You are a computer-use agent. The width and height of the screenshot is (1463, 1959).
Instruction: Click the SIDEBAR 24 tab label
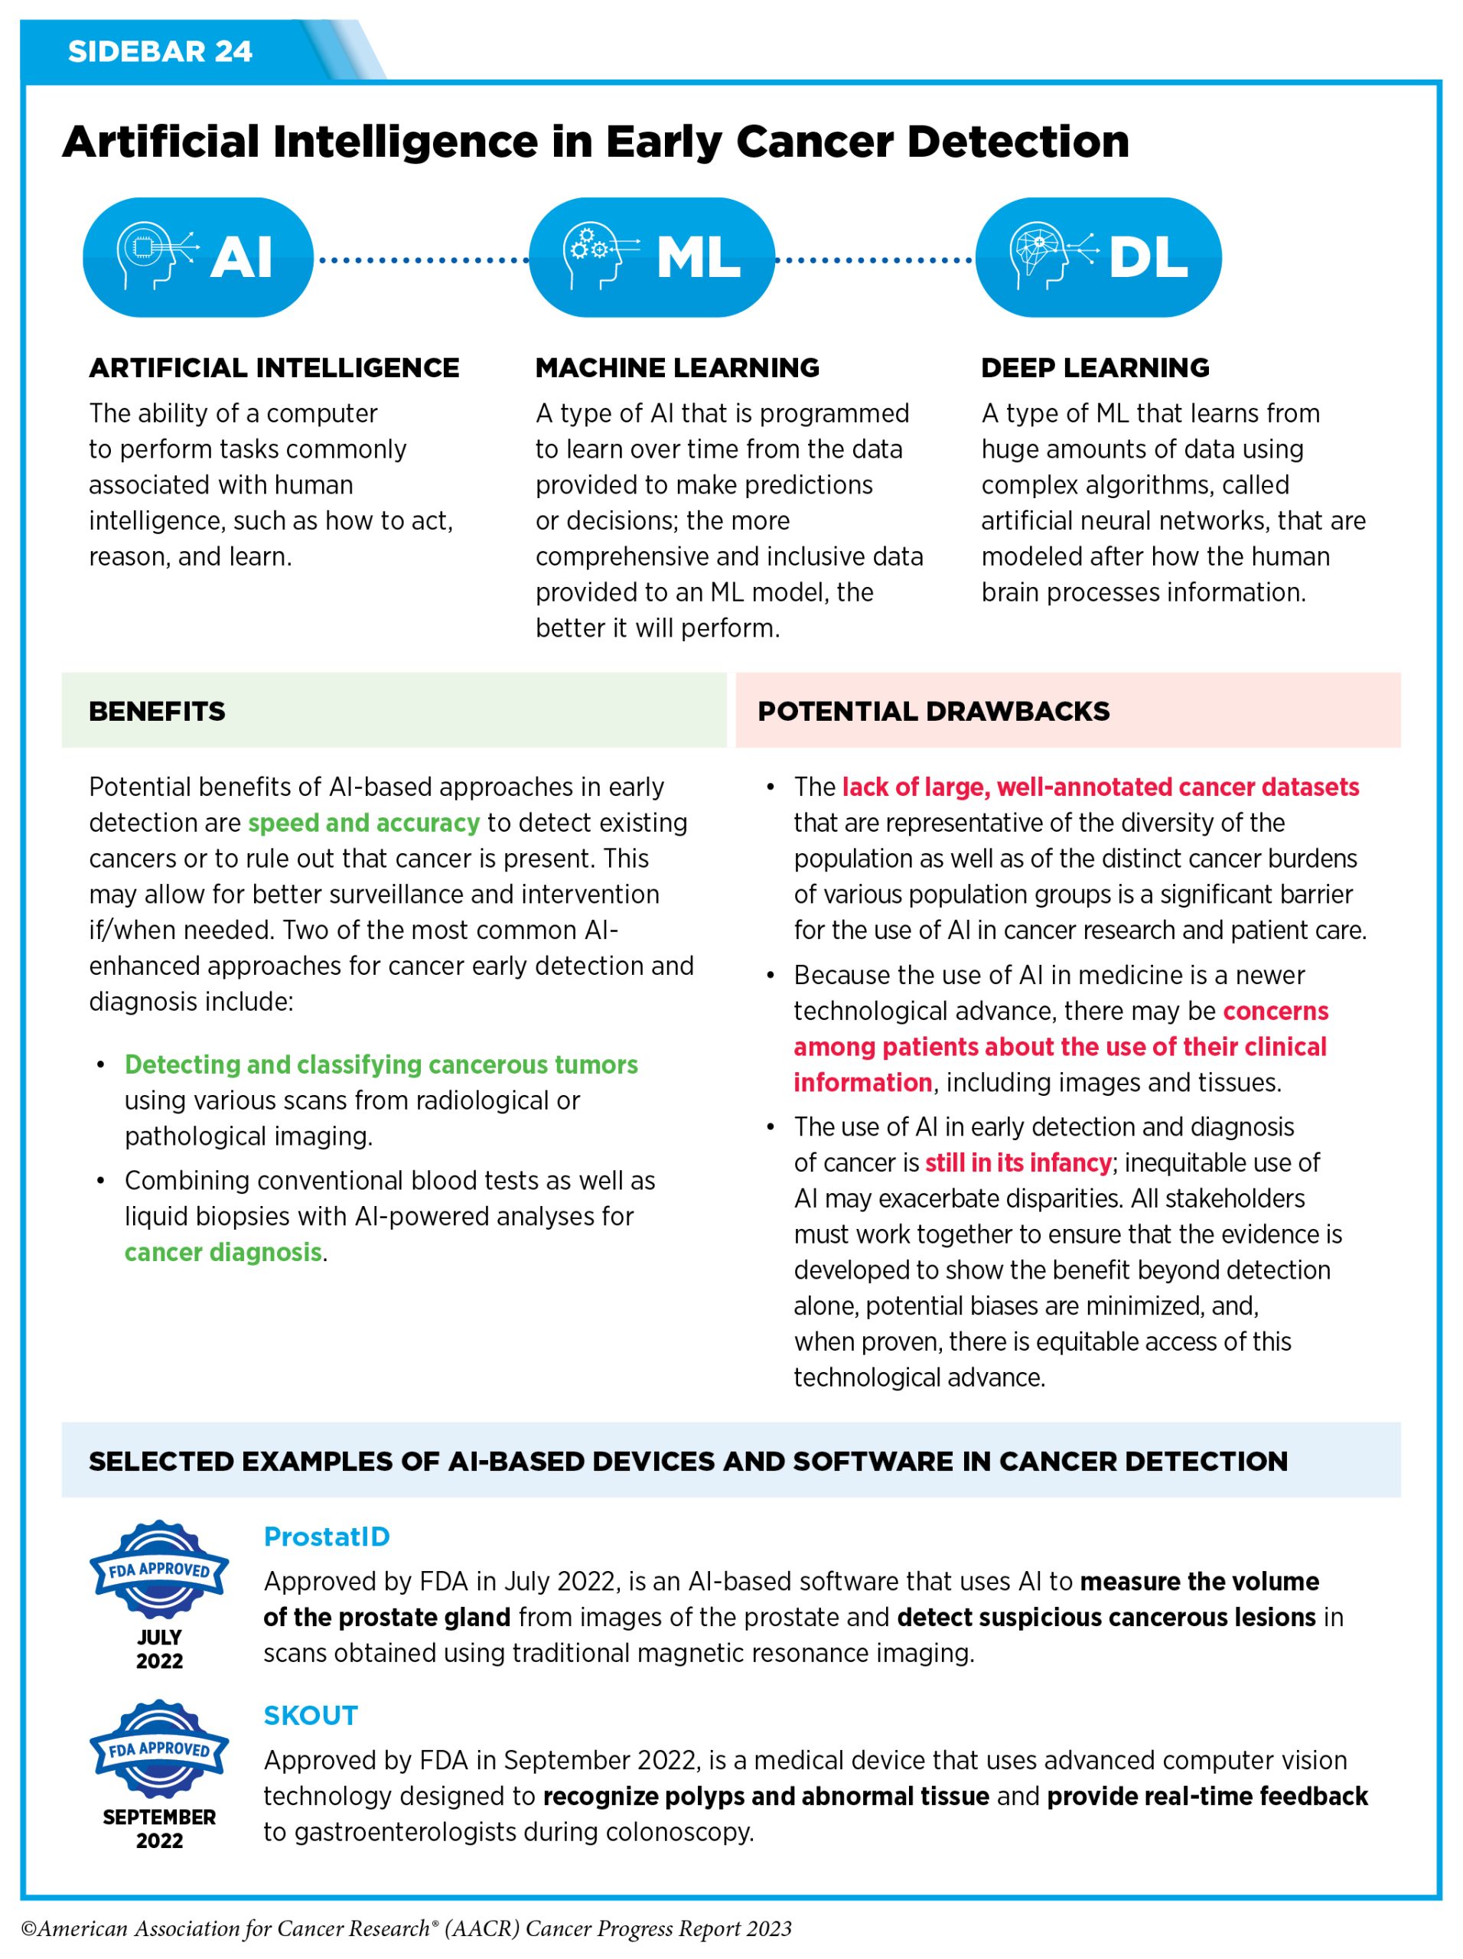coord(160,51)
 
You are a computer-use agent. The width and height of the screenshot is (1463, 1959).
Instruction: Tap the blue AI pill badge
coord(197,257)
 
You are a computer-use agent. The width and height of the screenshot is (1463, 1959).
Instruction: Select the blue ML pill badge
coord(652,257)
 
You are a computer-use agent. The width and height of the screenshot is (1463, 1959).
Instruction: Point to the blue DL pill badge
coord(1098,257)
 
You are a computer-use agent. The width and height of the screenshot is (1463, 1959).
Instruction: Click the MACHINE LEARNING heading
coord(677,367)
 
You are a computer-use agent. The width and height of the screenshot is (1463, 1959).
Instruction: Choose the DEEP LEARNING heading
coord(1095,367)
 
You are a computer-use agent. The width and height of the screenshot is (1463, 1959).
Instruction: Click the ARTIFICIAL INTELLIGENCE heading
coord(274,367)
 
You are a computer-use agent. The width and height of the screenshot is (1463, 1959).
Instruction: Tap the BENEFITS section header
coord(158,711)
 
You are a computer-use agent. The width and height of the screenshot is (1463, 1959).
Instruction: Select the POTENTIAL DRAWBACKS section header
coord(934,711)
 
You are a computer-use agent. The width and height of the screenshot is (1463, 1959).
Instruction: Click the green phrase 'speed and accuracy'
coord(363,823)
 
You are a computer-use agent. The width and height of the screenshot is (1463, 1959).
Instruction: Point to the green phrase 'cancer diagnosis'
coord(223,1252)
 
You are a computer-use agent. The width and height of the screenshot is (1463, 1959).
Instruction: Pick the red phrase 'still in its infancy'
coord(1018,1163)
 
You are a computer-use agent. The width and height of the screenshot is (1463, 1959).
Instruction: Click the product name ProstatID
coord(327,1537)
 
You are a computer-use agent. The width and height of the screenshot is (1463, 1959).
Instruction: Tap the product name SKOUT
coord(311,1716)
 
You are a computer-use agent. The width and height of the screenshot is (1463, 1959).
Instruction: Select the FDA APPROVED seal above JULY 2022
coord(159,1569)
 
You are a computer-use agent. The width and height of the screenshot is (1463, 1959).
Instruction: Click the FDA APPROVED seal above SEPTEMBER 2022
coord(159,1749)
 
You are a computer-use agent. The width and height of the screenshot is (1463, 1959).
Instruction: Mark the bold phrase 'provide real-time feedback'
coord(1207,1796)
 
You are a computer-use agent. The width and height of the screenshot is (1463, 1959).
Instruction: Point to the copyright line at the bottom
coord(406,1929)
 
